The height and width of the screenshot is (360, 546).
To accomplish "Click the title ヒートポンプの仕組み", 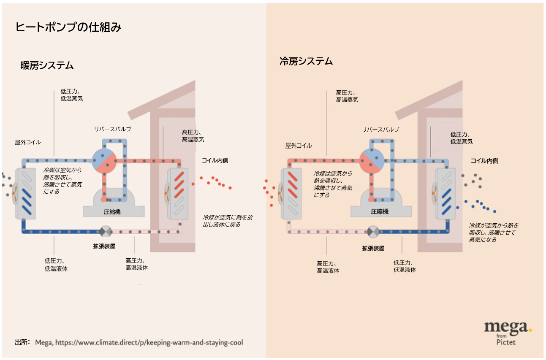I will tap(68, 28).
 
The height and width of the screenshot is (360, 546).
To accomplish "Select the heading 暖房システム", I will tap(47, 65).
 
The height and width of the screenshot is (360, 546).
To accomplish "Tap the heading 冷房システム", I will tap(306, 61).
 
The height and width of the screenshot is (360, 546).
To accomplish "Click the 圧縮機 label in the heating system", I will tap(112, 212).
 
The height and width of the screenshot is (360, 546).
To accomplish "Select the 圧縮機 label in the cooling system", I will tap(380, 212).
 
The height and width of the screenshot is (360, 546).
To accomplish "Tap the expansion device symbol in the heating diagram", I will tap(105, 231).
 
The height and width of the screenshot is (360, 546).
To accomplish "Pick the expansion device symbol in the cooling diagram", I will tap(372, 231).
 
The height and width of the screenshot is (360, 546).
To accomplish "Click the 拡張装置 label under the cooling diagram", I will tap(373, 248).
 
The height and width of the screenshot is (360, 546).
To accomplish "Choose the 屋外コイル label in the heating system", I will tap(28, 142).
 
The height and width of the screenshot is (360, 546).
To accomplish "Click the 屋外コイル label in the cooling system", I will tap(299, 146).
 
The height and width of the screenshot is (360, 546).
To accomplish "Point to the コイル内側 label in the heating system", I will tap(215, 160).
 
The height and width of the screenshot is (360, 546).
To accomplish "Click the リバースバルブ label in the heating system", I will tap(113, 129).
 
